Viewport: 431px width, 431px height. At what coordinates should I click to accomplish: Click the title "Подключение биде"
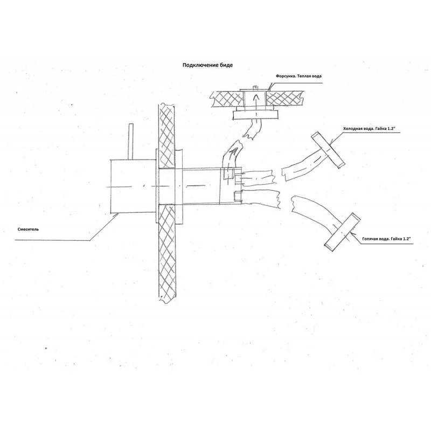coord(208,65)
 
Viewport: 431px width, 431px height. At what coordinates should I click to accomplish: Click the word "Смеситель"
coord(28,229)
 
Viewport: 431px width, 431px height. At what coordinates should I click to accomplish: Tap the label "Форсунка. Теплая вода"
coord(298,76)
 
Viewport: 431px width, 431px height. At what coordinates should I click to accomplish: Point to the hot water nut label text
coord(386,239)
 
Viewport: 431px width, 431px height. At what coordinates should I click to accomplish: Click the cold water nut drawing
coord(328,150)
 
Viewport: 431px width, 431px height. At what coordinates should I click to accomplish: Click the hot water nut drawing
coord(343,233)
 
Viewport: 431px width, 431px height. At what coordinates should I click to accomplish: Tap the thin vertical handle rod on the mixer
coord(131,142)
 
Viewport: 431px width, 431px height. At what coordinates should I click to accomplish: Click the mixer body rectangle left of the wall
coord(133,186)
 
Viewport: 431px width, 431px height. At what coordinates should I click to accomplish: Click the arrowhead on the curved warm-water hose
coord(234,151)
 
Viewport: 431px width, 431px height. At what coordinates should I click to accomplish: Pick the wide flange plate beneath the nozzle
coord(255,115)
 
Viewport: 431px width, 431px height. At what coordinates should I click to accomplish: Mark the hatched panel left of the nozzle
coord(227,99)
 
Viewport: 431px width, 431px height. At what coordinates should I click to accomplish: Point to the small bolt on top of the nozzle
coord(255,88)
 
